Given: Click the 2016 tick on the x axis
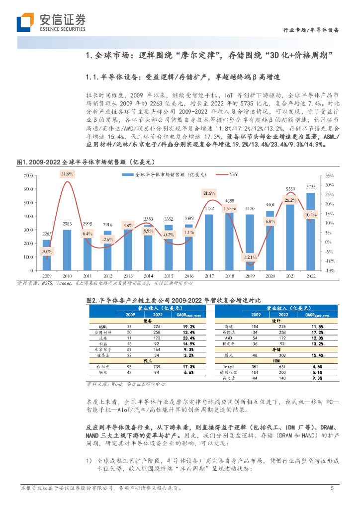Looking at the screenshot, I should [188, 275].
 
